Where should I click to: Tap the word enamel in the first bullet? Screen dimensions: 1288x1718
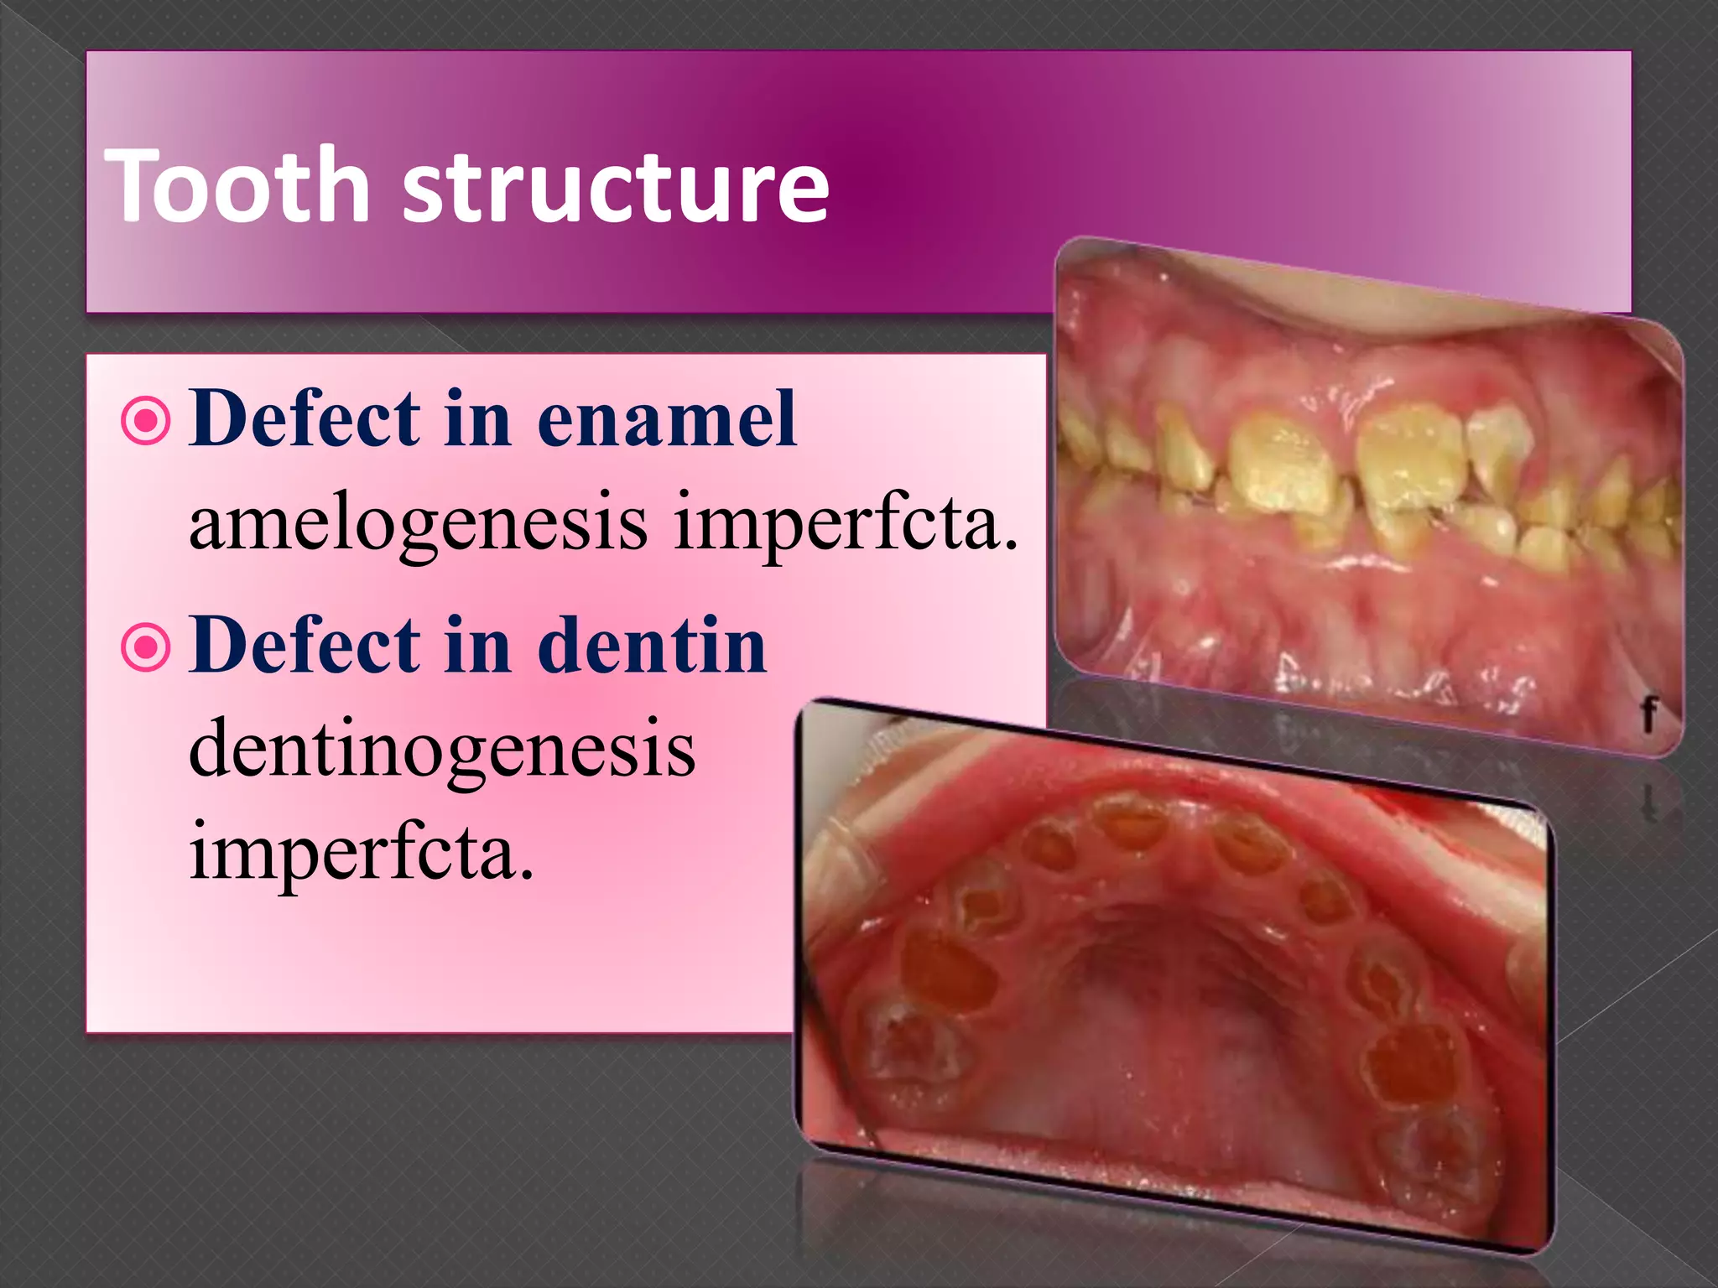(x=666, y=418)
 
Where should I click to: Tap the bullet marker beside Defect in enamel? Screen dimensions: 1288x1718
(x=146, y=420)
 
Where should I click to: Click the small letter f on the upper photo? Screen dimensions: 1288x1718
(x=1648, y=714)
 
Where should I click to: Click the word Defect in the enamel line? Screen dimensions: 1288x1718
(x=305, y=418)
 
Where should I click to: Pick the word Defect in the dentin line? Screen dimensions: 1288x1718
(x=305, y=645)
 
